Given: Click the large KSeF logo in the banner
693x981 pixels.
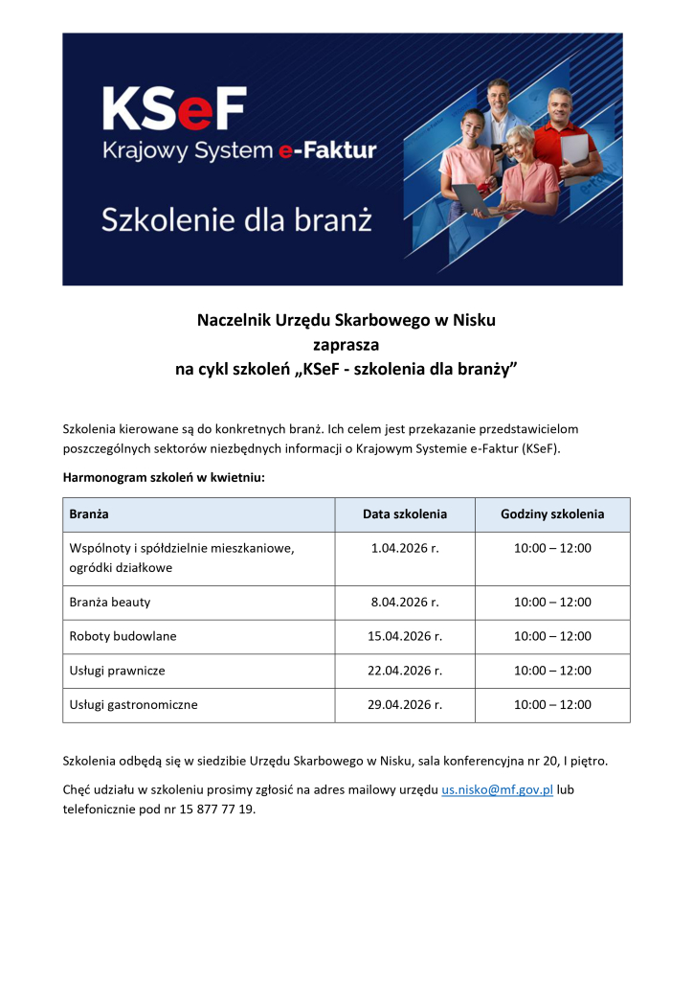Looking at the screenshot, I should pyautogui.click(x=174, y=108).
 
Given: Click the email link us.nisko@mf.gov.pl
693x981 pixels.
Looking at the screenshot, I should pyautogui.click(x=497, y=789).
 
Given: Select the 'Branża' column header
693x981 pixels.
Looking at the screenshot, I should pyautogui.click(x=89, y=514).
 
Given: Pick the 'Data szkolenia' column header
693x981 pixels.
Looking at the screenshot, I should pyautogui.click(x=405, y=514).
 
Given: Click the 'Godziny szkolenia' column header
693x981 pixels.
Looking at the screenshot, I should pyautogui.click(x=552, y=514).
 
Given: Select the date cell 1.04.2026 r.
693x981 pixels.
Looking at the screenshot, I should pyautogui.click(x=405, y=548).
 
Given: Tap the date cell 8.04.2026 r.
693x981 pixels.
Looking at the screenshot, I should pyautogui.click(x=405, y=603).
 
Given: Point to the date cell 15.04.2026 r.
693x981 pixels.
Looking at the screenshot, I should pyautogui.click(x=405, y=636).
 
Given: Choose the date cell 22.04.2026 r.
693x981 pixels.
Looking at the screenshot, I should pyautogui.click(x=405, y=671).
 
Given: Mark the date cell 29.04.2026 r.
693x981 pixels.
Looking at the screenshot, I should pyautogui.click(x=405, y=704).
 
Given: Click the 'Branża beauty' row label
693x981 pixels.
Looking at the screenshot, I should pyautogui.click(x=110, y=603).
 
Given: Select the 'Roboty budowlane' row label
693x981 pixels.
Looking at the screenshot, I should pyautogui.click(x=123, y=636).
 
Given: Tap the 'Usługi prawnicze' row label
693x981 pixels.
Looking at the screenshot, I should pyautogui.click(x=118, y=671).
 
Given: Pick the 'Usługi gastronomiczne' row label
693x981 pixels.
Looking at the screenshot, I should pyautogui.click(x=134, y=704).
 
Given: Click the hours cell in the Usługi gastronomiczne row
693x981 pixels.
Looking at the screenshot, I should pyautogui.click(x=552, y=704).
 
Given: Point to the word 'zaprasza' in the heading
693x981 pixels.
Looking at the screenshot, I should pyautogui.click(x=346, y=343).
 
